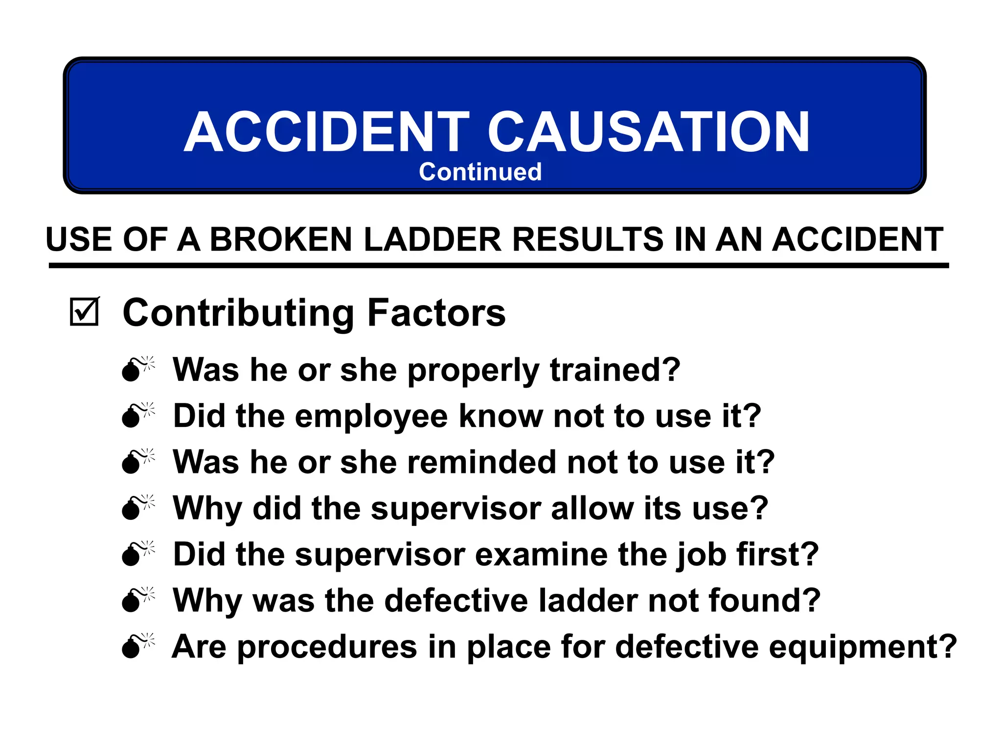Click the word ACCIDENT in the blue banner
click(327, 132)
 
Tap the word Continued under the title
click(480, 172)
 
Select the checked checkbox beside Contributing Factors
click(84, 312)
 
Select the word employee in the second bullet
click(371, 416)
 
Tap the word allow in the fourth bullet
click(592, 508)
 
